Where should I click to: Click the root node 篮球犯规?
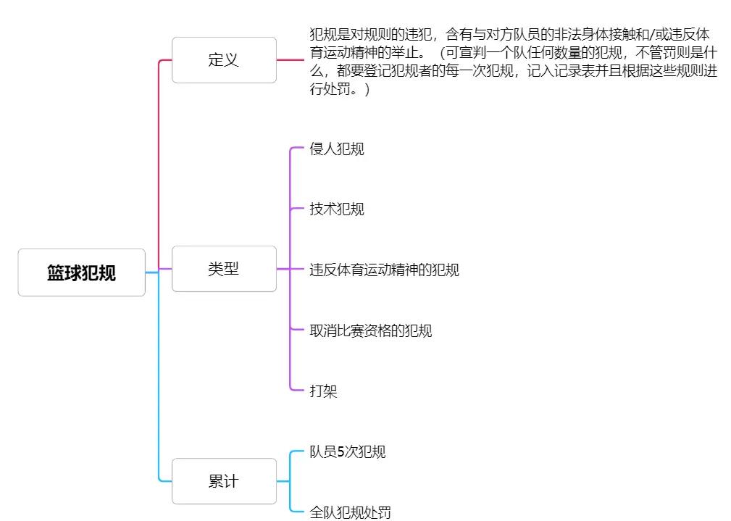(81, 273)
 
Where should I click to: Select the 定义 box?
(224, 60)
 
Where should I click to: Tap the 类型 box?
(224, 269)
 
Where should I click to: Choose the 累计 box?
(224, 481)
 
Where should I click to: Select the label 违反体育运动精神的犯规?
(384, 270)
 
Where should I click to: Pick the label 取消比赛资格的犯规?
(370, 331)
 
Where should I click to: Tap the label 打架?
(323, 391)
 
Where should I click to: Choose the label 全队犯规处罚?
(350, 512)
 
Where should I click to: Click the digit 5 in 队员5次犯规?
(341, 451)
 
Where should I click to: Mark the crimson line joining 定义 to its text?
(291, 60)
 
